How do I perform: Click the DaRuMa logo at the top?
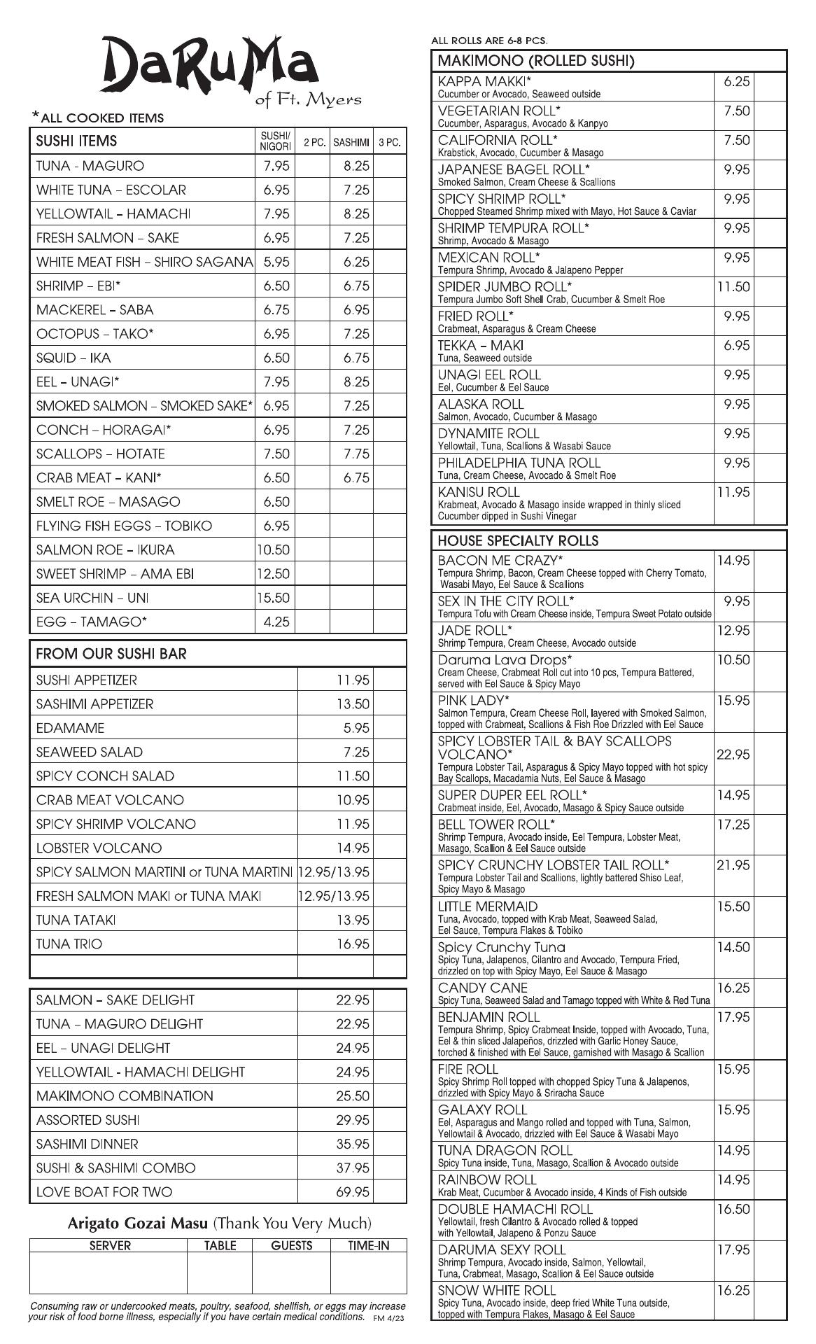click(210, 66)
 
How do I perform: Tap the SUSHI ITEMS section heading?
click(76, 141)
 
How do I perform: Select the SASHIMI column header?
click(351, 142)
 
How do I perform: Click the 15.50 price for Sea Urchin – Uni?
click(274, 598)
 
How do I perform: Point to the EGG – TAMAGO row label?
click(92, 622)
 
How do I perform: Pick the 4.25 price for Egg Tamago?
click(276, 622)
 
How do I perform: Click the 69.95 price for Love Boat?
click(353, 1191)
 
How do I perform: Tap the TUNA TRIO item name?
click(69, 944)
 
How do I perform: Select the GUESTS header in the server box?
click(291, 1245)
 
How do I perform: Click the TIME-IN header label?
click(368, 1245)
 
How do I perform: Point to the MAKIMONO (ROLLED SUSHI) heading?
click(535, 61)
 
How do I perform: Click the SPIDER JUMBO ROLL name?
click(505, 286)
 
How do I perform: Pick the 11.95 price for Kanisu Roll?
click(733, 492)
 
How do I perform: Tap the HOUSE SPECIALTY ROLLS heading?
click(518, 540)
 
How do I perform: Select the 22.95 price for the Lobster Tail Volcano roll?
click(733, 755)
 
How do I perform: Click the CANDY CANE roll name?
click(483, 988)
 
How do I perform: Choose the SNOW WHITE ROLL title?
click(497, 1290)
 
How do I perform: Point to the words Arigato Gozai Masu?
click(138, 1223)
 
